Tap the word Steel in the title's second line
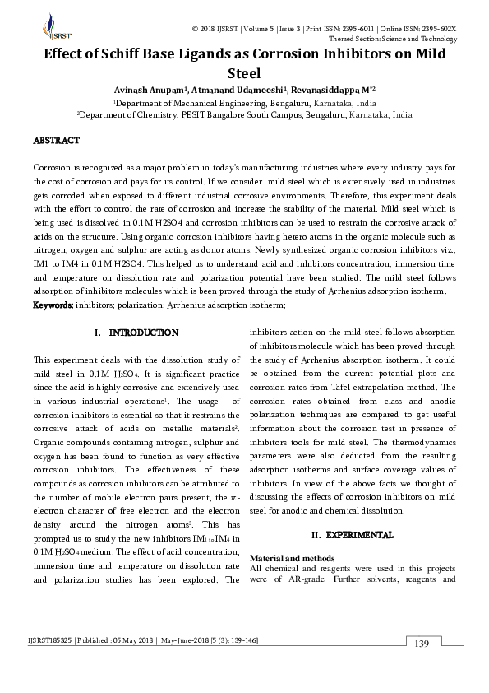(x=244, y=72)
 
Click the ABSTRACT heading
(x=56, y=142)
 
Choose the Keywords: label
(x=53, y=305)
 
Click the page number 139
(x=422, y=643)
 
